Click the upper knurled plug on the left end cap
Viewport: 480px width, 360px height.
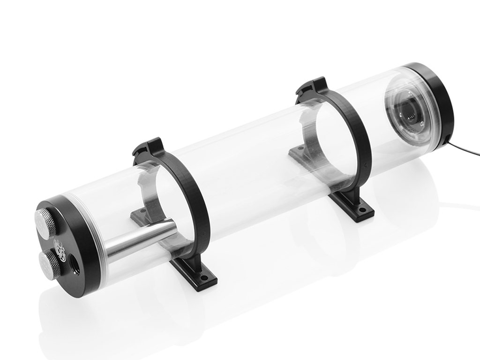(46, 218)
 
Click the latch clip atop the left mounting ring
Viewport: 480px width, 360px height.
(147, 147)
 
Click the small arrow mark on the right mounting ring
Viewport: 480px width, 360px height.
(361, 165)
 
